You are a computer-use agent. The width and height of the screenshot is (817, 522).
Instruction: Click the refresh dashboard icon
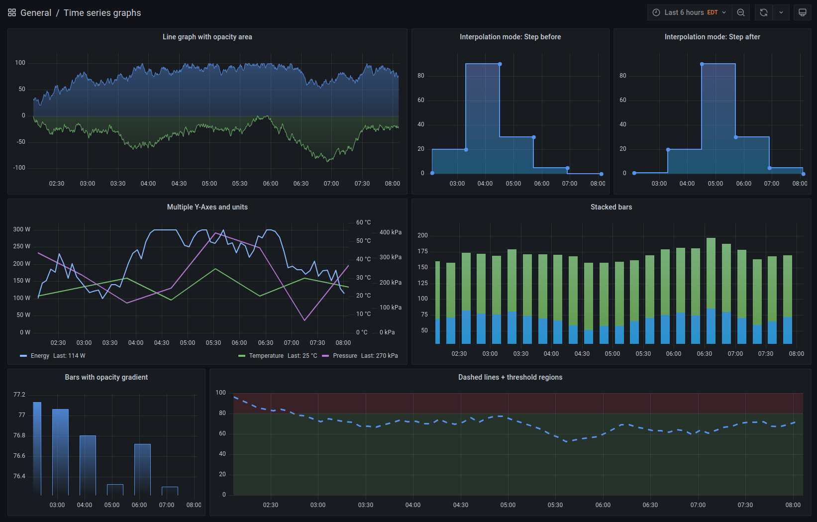click(764, 12)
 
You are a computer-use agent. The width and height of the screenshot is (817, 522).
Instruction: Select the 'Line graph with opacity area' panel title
click(207, 37)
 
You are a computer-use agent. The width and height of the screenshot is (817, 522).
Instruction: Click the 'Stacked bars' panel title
click(611, 207)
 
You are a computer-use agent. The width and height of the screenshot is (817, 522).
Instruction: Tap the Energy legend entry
click(40, 356)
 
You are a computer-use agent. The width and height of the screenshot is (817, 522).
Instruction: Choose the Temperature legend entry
click(266, 356)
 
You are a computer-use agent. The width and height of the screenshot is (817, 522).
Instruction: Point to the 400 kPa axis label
click(390, 232)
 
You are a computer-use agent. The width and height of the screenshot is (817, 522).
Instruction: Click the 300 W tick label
click(21, 229)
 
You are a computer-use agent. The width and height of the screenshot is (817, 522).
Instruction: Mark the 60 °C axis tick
click(363, 222)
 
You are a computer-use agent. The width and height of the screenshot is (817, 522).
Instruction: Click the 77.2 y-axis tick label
click(19, 395)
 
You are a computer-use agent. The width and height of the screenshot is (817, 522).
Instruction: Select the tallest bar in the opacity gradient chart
click(37, 448)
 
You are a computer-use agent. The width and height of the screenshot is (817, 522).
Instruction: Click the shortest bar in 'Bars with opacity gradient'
click(170, 491)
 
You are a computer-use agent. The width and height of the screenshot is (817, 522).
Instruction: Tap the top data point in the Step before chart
click(500, 64)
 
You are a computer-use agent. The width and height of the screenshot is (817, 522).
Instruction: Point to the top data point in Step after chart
click(702, 64)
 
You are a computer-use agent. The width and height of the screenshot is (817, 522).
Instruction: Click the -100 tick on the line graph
click(19, 168)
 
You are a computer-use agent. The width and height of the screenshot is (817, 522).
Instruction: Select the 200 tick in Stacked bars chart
click(422, 235)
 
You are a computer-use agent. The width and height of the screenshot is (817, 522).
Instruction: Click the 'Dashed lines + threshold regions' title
click(510, 377)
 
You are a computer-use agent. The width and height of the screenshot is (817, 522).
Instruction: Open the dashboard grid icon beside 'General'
click(12, 12)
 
